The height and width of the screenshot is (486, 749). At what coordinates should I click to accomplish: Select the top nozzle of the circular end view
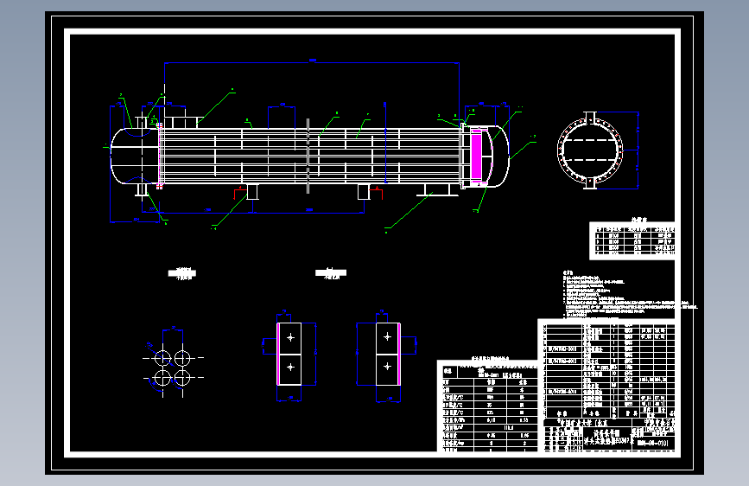coord(591,118)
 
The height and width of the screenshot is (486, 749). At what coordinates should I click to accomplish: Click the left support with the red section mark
coord(252,191)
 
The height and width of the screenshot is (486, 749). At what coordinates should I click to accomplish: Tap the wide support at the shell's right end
coord(436,190)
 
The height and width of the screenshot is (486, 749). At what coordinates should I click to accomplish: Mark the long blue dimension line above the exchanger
coord(311,62)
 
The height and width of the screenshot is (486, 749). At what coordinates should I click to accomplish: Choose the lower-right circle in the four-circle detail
coord(182,377)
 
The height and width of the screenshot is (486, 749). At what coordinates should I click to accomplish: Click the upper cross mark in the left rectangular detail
coord(290,337)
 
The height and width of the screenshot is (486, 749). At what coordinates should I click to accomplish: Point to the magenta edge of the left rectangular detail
coord(277,353)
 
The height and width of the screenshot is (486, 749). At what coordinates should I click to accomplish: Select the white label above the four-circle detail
coord(182,274)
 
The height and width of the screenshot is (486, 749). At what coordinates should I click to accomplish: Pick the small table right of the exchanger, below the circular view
coord(632,241)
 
